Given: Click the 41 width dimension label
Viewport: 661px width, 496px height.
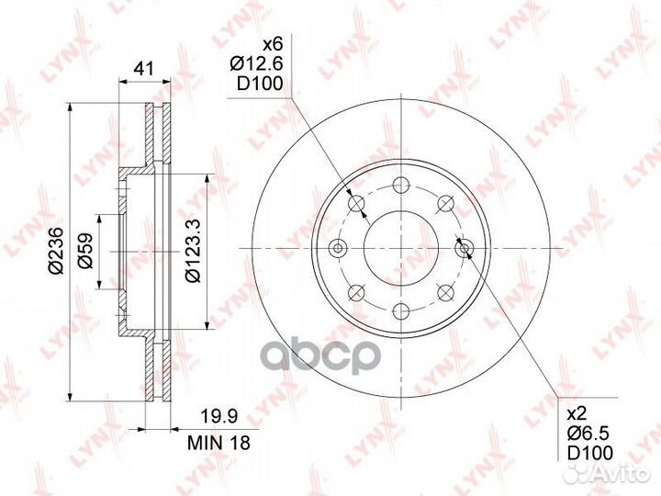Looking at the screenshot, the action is pyautogui.click(x=145, y=68).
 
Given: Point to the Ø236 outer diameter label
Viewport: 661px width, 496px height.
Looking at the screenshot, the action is pyautogui.click(x=56, y=251).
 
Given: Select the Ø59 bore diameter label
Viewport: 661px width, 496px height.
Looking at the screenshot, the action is pyautogui.click(x=85, y=251).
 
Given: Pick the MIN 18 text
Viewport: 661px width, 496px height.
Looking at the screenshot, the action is pyautogui.click(x=218, y=443).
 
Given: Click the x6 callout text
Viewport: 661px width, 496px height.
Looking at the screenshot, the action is pyautogui.click(x=273, y=44).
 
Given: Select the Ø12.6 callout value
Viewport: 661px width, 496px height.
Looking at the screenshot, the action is pyautogui.click(x=257, y=64).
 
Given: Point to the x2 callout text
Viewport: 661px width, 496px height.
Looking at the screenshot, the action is pyautogui.click(x=577, y=414).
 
